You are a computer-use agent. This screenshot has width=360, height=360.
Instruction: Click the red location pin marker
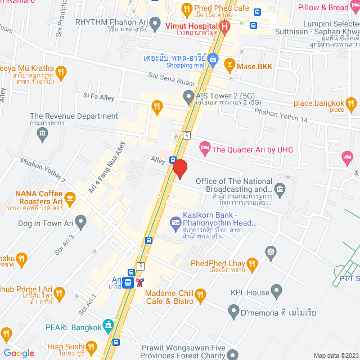179,168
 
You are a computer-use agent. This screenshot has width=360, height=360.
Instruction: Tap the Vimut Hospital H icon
225,26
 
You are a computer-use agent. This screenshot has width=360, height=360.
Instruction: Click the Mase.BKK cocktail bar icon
229,66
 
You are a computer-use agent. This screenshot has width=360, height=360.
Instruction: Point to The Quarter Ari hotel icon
205,149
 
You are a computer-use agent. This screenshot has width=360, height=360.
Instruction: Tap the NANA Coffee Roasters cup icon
70,197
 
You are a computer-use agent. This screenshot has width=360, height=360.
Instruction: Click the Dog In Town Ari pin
80,223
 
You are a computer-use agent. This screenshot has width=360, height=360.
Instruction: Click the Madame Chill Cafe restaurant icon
200,295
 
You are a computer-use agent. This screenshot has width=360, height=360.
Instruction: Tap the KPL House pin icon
276,292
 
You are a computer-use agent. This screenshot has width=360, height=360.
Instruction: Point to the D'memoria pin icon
234,311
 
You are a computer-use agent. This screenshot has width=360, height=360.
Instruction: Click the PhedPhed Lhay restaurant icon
253,263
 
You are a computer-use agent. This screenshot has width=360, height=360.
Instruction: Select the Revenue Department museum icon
42,133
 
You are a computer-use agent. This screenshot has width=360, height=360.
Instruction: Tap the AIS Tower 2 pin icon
189,98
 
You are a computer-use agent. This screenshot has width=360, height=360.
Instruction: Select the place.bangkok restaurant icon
351,103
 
